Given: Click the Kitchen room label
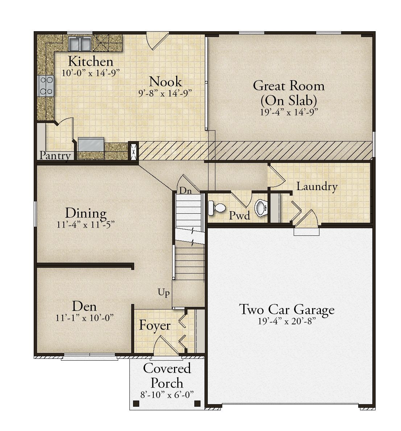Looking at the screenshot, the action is pyautogui.click(x=90, y=61).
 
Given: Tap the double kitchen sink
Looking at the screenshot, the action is pyautogui.click(x=80, y=44).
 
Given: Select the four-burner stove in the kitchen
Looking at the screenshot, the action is pyautogui.click(x=46, y=86).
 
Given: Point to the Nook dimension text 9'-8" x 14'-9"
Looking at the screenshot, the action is pyautogui.click(x=165, y=93).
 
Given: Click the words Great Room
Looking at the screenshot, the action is pyautogui.click(x=289, y=86).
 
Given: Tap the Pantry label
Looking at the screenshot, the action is pyautogui.click(x=55, y=156).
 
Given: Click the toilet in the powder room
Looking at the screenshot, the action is pyautogui.click(x=217, y=208).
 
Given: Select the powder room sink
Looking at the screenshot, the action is pyautogui.click(x=261, y=208).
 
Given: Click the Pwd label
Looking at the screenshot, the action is pyautogui.click(x=240, y=215).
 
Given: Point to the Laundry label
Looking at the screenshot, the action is pyautogui.click(x=317, y=186).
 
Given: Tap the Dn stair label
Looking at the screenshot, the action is pyautogui.click(x=185, y=190).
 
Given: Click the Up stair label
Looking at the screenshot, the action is pyautogui.click(x=164, y=292).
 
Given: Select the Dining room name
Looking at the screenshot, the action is pyautogui.click(x=86, y=213).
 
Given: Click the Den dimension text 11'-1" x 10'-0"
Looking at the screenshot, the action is pyautogui.click(x=84, y=318).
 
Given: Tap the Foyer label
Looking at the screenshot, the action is pyautogui.click(x=155, y=326).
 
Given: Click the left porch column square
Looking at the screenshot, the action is pyautogui.click(x=136, y=403).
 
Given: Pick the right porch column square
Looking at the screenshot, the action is pyautogui.click(x=197, y=403).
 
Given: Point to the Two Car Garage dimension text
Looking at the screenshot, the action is pyautogui.click(x=286, y=321).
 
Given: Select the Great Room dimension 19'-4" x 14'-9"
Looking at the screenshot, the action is pyautogui.click(x=289, y=112).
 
